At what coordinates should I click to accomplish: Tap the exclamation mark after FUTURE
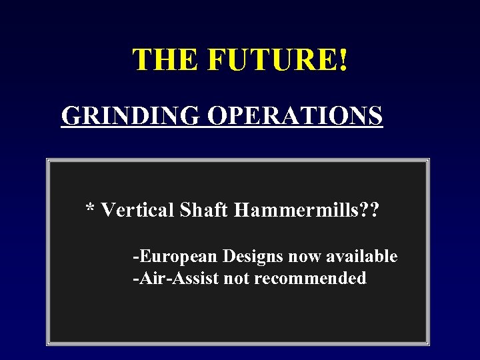point(343,60)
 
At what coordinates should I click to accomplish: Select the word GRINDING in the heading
point(131,115)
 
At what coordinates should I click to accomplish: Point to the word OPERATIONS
point(295,115)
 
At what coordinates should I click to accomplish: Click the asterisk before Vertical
point(90,209)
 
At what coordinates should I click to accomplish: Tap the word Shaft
point(205,211)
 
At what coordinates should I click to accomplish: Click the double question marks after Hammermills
point(368,211)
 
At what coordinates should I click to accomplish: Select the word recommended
point(310,278)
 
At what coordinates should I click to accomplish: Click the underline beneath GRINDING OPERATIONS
point(222,127)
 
